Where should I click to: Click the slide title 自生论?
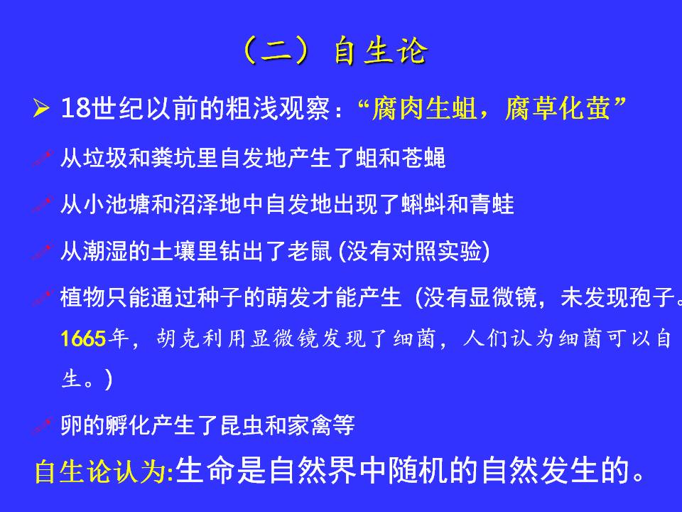point(381,51)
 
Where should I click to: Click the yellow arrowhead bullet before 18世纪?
point(41,108)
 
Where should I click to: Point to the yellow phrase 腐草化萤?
point(557,108)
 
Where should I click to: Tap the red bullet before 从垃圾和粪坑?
point(43,158)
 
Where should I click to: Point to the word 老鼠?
point(309,251)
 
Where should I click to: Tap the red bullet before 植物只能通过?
point(43,298)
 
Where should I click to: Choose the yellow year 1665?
point(84,338)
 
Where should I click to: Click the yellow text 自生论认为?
point(104,471)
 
